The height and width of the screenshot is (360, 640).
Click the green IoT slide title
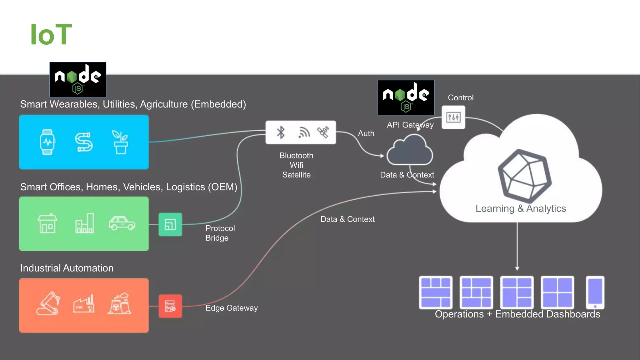click(x=51, y=35)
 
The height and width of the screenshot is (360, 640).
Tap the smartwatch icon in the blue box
click(x=47, y=142)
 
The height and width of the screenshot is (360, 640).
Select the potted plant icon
click(x=120, y=142)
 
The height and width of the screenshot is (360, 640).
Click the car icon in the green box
click(x=122, y=223)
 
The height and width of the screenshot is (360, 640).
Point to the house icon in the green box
click(x=47, y=223)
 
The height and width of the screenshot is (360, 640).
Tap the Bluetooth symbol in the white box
click(x=281, y=132)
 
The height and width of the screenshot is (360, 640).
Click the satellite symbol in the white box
click(x=323, y=132)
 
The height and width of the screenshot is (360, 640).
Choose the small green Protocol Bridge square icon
click(x=170, y=224)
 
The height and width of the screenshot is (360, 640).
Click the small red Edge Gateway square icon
click(x=170, y=306)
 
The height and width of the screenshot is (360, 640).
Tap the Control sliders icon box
click(x=453, y=117)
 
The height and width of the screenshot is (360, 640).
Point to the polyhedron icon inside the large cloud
click(x=524, y=176)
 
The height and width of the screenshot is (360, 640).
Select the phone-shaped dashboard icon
click(x=595, y=292)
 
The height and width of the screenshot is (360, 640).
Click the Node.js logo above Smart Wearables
click(x=78, y=79)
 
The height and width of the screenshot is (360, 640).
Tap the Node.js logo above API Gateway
click(x=406, y=97)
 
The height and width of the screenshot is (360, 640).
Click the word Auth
click(x=366, y=133)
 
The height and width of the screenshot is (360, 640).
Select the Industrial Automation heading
click(x=67, y=268)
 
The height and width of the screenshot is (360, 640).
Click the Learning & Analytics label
click(x=521, y=208)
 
